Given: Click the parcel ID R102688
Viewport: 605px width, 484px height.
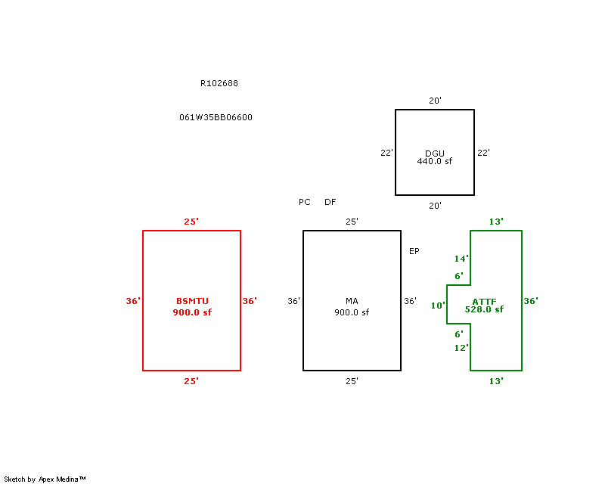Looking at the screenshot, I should click(x=219, y=83).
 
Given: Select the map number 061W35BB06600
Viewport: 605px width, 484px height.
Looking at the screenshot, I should click(x=216, y=117).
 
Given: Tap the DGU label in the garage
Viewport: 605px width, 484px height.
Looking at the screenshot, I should click(x=434, y=154).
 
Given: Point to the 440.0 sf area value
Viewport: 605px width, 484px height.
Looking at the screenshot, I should click(x=434, y=161).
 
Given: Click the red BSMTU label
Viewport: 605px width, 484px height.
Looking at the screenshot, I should click(x=192, y=301).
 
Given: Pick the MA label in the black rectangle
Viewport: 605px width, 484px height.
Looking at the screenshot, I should click(x=352, y=301).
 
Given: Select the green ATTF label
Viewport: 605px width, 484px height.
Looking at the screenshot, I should click(x=484, y=301).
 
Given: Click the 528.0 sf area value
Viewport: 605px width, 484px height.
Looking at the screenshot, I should click(x=484, y=309).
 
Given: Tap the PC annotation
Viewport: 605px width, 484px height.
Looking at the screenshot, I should click(x=305, y=202).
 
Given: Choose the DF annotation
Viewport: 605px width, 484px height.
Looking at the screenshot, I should click(x=330, y=202).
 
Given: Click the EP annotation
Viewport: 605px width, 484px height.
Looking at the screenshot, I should click(x=414, y=251).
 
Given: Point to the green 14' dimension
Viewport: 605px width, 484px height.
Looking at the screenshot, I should click(x=461, y=259).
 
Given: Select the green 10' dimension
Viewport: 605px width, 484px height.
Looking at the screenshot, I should click(x=438, y=306).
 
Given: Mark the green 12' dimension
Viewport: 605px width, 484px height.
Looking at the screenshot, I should click(x=461, y=348).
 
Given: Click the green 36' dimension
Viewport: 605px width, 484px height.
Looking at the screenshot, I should click(x=531, y=301).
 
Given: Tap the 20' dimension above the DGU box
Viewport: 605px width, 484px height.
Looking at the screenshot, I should click(x=435, y=101).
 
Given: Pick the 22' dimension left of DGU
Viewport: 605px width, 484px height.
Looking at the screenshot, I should click(x=386, y=153).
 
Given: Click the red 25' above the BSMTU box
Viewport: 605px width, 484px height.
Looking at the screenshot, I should click(x=191, y=222).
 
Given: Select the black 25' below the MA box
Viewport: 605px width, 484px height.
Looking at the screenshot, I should click(x=352, y=381).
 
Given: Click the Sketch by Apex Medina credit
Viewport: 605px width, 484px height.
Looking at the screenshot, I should click(x=45, y=479).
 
